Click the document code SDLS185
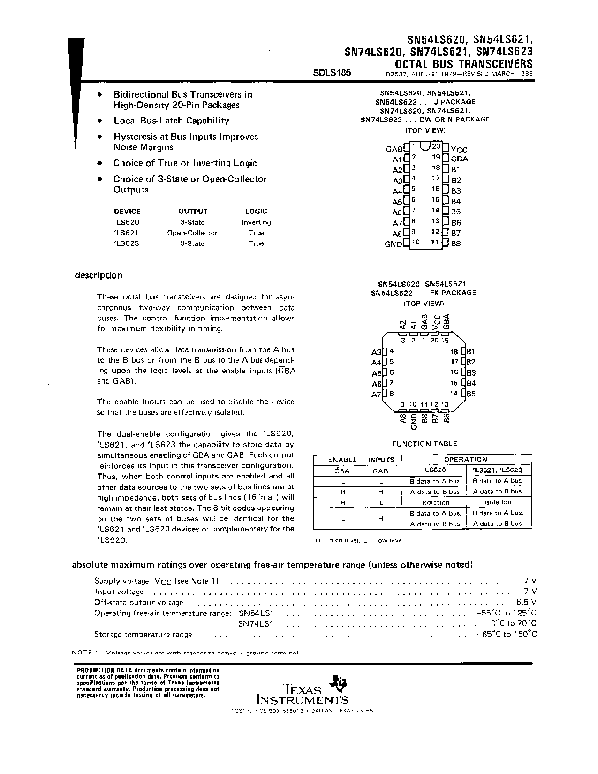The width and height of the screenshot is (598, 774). click(332, 73)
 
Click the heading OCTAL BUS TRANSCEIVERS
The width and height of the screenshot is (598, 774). click(464, 63)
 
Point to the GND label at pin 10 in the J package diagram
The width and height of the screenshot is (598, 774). click(394, 244)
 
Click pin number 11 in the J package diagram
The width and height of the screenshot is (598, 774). click(434, 243)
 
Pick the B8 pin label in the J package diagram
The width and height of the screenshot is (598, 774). click(456, 244)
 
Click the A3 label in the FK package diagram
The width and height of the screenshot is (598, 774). click(376, 352)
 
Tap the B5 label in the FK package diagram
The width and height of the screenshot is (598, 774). click(470, 394)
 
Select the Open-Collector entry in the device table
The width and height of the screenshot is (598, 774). click(192, 233)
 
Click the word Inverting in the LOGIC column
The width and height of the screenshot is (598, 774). click(256, 222)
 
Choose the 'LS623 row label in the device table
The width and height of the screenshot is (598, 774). click(127, 243)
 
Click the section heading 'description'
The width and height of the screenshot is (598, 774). click(98, 275)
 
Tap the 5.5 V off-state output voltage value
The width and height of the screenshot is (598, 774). click(527, 602)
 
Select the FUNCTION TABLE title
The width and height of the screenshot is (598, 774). click(424, 443)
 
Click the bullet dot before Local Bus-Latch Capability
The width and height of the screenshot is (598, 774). click(99, 121)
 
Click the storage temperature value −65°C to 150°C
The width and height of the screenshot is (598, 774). click(507, 634)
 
